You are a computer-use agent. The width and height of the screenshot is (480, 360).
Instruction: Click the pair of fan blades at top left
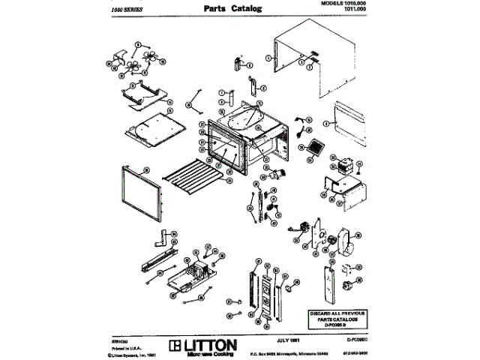(135, 59)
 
